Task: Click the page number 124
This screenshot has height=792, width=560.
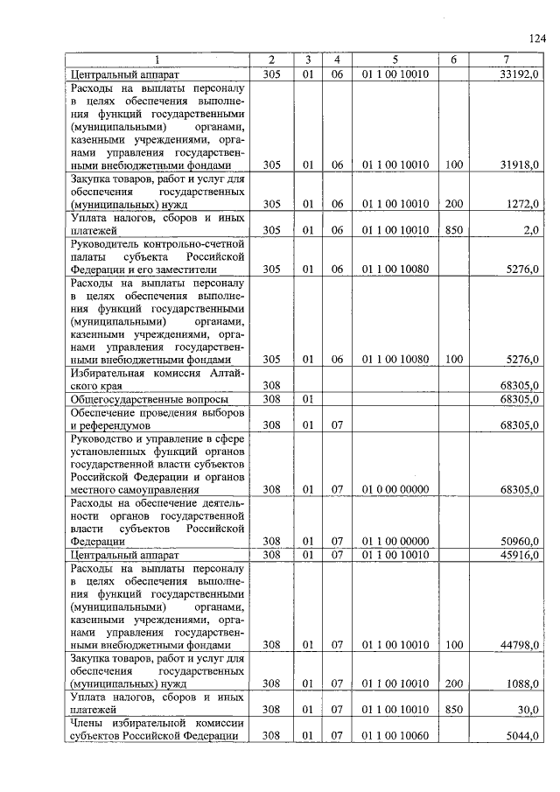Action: click(536, 38)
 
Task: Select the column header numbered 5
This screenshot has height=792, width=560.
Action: click(395, 60)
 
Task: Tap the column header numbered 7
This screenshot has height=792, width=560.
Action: click(506, 60)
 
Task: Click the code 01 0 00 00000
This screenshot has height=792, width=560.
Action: click(395, 489)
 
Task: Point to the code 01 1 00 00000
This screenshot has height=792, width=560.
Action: click(395, 542)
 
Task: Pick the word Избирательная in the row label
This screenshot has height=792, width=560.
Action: click(107, 372)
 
